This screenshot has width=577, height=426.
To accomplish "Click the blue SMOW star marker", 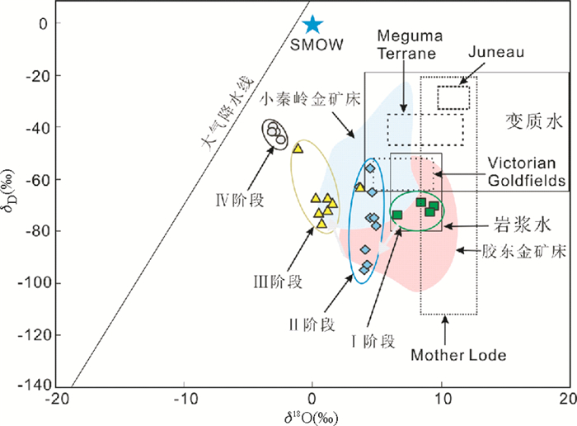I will [x=312, y=25].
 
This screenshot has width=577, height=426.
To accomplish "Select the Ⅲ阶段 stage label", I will [x=279, y=282].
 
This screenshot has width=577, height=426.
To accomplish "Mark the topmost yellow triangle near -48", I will [x=298, y=149].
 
